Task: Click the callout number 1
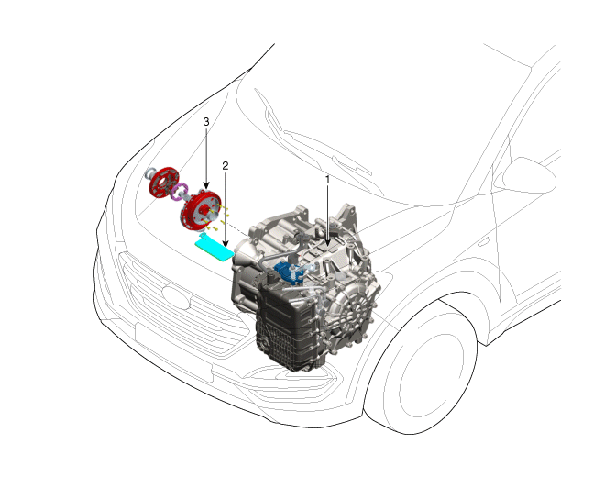point(328,179)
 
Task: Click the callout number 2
point(225,166)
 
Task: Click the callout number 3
point(206,122)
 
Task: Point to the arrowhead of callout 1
point(328,242)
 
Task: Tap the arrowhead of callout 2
point(225,243)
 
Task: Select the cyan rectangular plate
point(214,250)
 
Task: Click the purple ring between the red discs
point(180,192)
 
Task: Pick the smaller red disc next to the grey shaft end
point(164,182)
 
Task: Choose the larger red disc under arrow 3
point(201,210)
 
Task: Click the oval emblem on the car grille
point(176,296)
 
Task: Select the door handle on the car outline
point(483,242)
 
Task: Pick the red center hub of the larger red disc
point(203,211)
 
